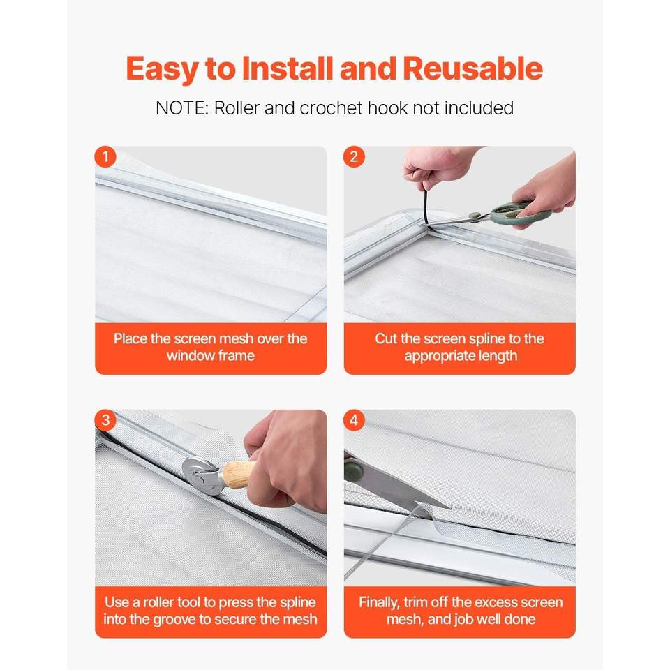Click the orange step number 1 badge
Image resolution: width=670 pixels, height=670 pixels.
pyautogui.click(x=105, y=157)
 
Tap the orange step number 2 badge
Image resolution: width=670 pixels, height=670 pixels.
pyautogui.click(x=354, y=157)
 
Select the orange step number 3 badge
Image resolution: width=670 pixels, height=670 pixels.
pyautogui.click(x=105, y=420)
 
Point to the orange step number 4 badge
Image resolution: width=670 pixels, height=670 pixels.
pyautogui.click(x=354, y=420)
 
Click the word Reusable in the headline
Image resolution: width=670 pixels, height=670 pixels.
pyautogui.click(x=472, y=68)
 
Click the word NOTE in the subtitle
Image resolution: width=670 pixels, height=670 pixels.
pyautogui.click(x=182, y=108)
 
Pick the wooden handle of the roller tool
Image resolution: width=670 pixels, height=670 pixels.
pyautogui.click(x=237, y=475)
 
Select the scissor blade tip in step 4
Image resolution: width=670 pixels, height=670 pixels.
pyautogui.click(x=449, y=508)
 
